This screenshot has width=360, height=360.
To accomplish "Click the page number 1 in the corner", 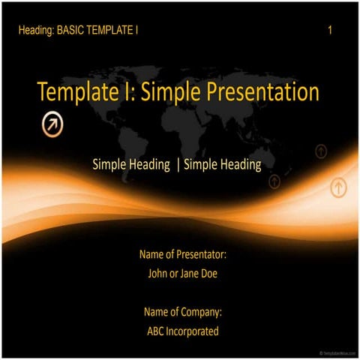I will tap(331, 31).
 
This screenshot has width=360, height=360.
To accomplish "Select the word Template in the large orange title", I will tap(71, 92).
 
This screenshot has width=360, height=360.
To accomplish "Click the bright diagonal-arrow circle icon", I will tap(52, 124).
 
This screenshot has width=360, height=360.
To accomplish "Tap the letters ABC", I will tap(157, 331).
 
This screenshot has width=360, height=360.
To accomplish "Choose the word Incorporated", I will tap(194, 331).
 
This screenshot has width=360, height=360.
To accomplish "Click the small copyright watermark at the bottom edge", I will tap(337, 352).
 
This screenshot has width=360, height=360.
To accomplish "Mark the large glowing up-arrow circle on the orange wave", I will tap(338, 187).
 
